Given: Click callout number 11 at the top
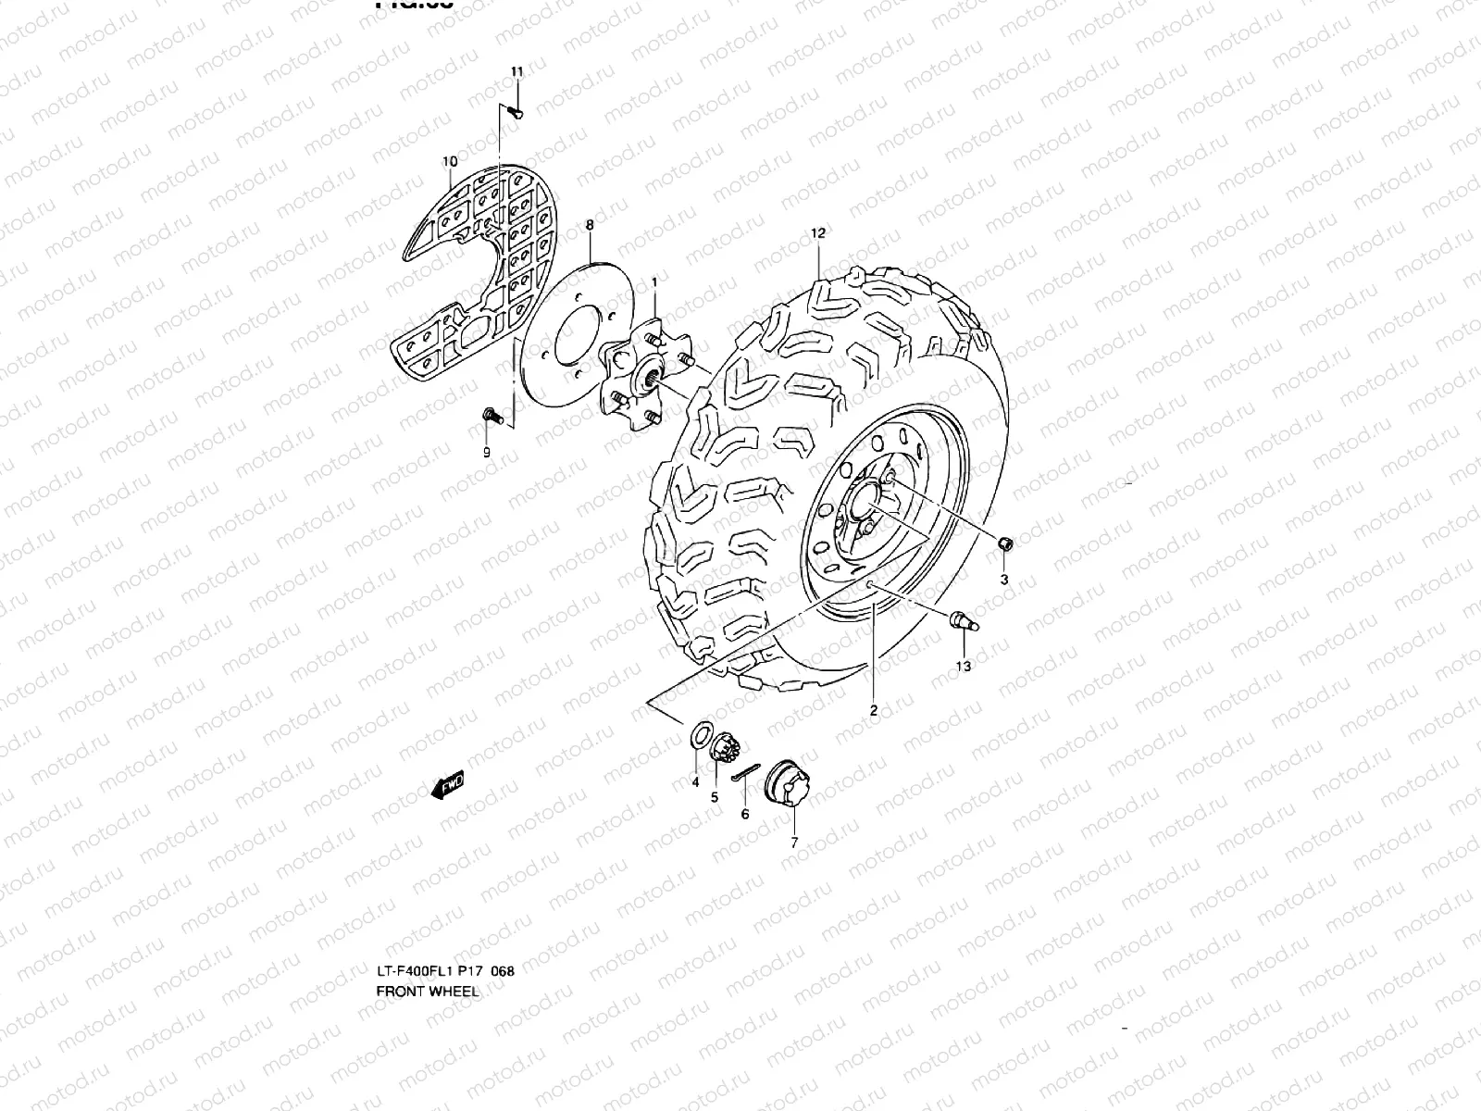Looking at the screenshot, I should [x=516, y=72].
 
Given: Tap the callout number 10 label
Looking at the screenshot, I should [x=450, y=161].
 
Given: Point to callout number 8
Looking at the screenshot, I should [x=590, y=225].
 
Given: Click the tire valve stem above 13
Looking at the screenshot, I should [x=962, y=622].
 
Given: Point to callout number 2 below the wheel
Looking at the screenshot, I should [x=873, y=711].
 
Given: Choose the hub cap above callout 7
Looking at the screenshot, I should [x=788, y=786].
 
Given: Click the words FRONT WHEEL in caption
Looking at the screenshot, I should [x=428, y=991].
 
